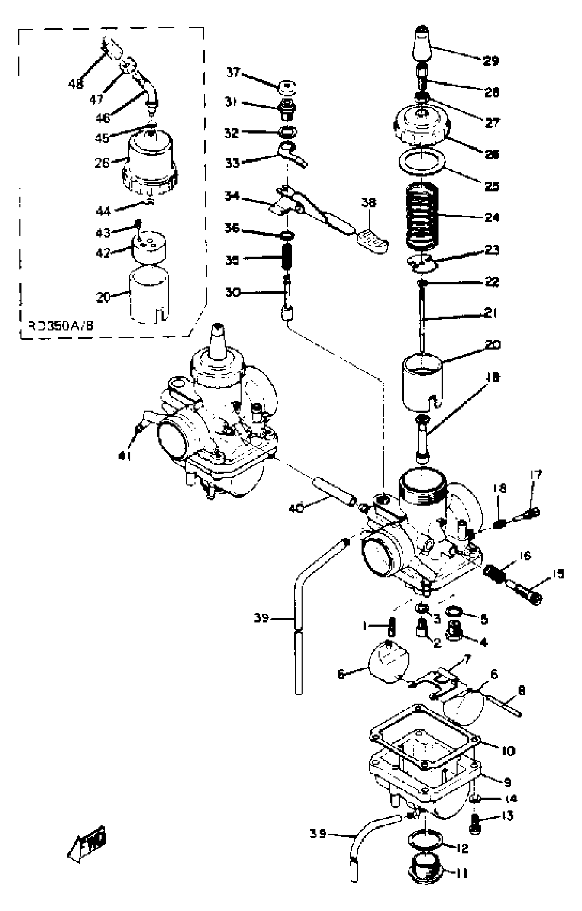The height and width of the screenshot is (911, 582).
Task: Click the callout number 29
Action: (x=491, y=61)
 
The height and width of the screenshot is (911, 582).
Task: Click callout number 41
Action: (x=125, y=457)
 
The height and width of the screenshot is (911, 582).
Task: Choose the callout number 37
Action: (x=233, y=72)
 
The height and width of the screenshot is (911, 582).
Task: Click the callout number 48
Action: (x=76, y=83)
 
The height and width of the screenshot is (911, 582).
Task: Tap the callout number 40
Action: (x=296, y=509)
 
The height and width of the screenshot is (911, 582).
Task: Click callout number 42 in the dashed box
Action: (x=103, y=252)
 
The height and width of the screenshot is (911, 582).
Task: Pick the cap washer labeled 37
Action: (x=286, y=87)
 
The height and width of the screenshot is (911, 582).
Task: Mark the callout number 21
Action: (x=491, y=313)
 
